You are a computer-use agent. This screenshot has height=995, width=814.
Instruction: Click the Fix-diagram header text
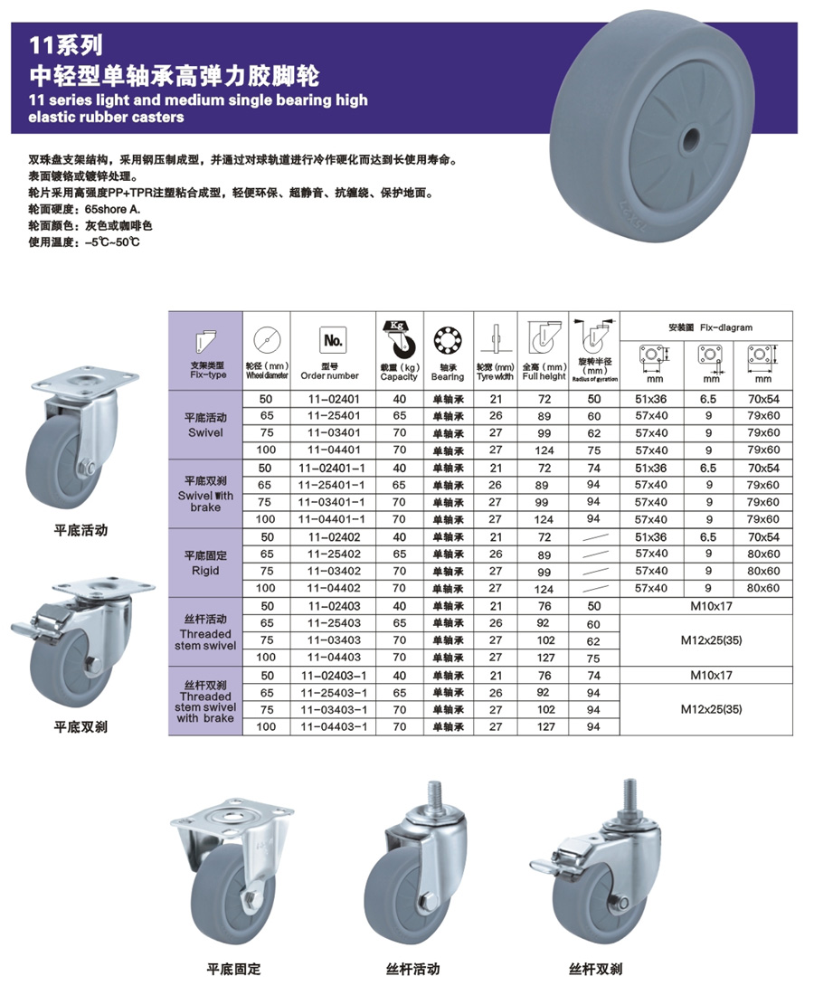click(x=709, y=327)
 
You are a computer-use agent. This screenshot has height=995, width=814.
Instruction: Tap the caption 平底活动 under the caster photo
click(x=80, y=530)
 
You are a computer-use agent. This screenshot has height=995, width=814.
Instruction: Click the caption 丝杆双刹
click(x=595, y=969)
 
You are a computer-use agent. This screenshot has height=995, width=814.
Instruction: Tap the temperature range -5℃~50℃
click(x=112, y=242)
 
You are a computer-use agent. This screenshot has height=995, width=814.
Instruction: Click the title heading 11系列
click(x=68, y=42)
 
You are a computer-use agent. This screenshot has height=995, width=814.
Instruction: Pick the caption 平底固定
click(x=233, y=969)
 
